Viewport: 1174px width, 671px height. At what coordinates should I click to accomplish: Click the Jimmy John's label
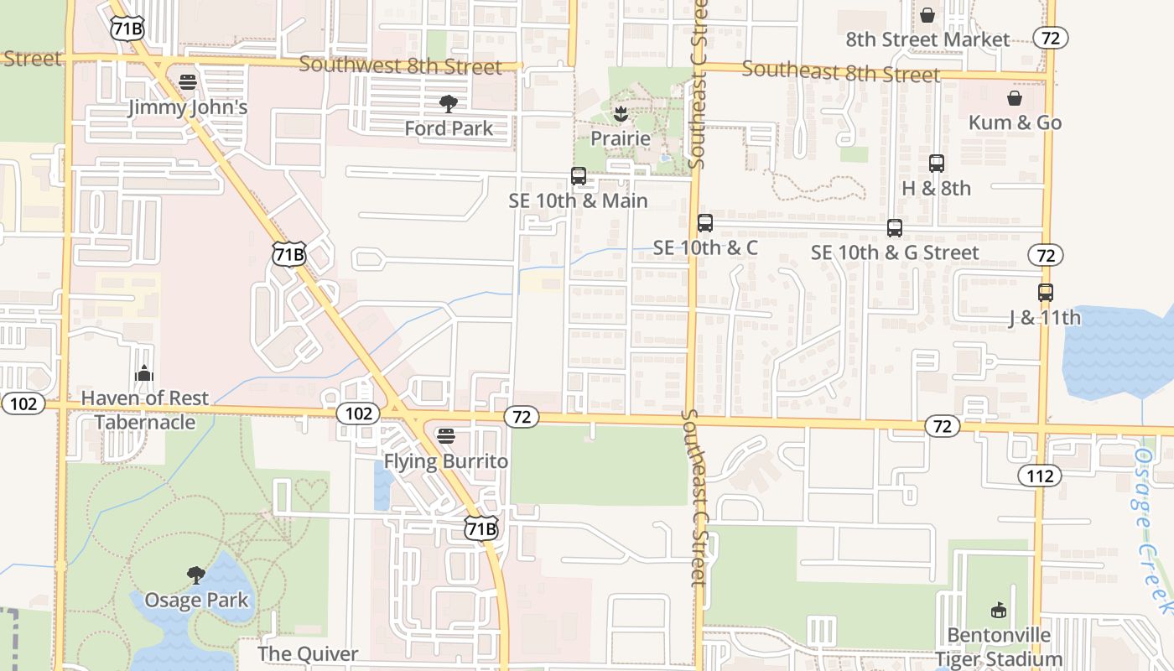188,107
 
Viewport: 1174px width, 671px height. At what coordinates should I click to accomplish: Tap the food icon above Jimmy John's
188,82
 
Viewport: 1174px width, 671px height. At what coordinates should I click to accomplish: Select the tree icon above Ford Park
449,104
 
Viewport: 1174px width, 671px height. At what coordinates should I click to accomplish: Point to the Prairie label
621,138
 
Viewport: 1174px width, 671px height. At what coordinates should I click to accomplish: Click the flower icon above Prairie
621,113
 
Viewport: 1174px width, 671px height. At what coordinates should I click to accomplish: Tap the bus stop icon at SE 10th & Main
579,176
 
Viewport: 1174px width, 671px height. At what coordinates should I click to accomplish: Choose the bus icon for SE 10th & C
705,223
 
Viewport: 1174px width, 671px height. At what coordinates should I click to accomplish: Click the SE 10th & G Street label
895,252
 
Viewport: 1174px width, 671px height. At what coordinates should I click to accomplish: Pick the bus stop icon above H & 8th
937,164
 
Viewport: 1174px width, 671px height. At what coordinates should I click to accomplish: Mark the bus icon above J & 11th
1046,293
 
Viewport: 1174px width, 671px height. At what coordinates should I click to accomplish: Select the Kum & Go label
1015,122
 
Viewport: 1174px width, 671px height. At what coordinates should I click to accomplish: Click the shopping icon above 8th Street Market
927,15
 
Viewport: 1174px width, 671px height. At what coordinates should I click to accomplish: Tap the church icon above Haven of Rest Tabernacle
144,373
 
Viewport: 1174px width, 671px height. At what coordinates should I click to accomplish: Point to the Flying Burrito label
446,461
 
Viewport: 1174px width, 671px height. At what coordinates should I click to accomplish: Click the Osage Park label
197,601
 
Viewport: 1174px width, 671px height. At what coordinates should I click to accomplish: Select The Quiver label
308,653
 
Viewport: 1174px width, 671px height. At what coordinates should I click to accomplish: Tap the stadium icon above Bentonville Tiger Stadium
998,610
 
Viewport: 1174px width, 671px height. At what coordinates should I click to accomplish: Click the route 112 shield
1040,476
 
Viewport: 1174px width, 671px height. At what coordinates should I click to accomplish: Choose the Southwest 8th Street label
400,65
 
